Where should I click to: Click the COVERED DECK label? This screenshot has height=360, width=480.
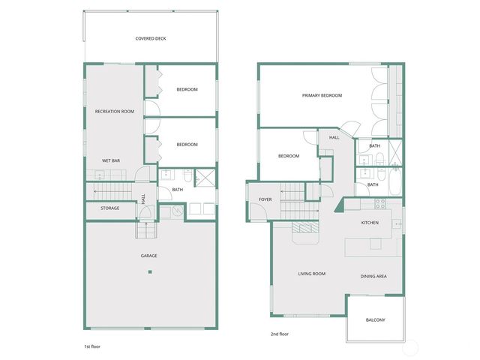151,38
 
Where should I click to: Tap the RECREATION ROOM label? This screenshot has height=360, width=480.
115,111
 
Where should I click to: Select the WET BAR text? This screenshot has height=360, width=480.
112,160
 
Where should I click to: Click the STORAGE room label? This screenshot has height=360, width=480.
110,208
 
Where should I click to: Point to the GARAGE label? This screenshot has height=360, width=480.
148,256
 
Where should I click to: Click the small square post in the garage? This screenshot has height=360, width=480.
149,274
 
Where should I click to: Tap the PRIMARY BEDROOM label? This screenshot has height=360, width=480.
322,95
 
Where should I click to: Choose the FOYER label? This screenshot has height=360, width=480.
265,199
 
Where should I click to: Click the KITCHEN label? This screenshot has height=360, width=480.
370,223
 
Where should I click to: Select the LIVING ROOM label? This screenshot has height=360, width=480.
311,274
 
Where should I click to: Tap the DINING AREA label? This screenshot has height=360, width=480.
373,277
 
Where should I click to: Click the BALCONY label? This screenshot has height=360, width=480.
376,320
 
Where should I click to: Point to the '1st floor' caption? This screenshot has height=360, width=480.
92,348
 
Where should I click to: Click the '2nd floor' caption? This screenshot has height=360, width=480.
279,334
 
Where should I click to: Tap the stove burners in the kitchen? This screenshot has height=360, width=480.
379,202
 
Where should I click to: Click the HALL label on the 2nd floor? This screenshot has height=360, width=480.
334,138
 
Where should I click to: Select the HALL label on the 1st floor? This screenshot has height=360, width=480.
144,199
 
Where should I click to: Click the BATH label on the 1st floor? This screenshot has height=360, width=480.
178,190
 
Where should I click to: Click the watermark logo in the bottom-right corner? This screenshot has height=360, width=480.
411,346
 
